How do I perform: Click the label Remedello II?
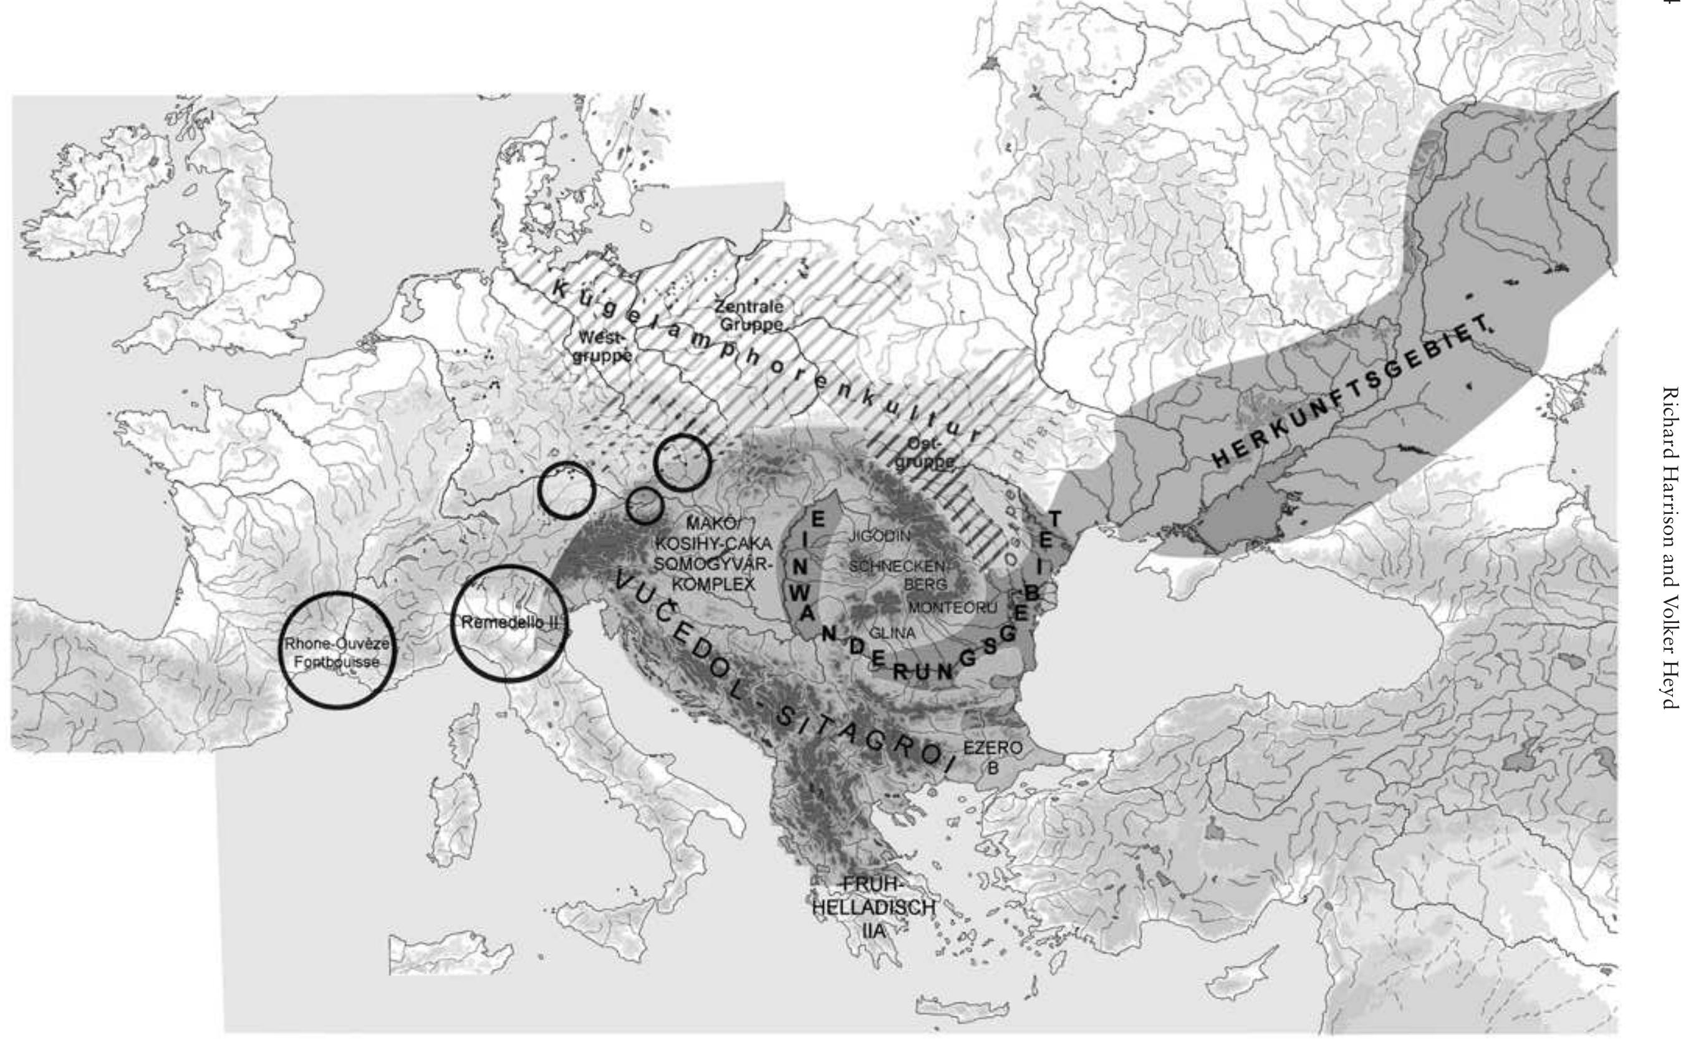click(x=506, y=622)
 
